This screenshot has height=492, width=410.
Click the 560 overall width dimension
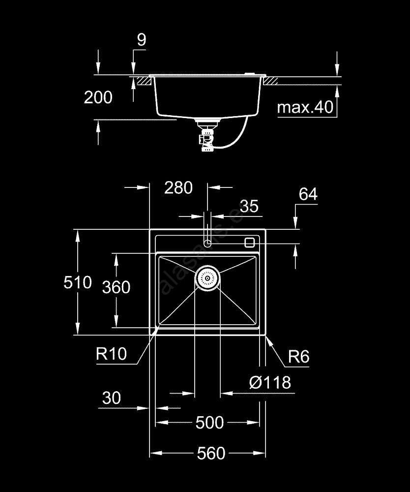[x=211, y=453]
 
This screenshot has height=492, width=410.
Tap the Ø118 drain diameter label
[x=269, y=382]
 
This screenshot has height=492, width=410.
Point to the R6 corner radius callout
[x=298, y=357]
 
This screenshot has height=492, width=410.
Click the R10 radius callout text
[x=112, y=353]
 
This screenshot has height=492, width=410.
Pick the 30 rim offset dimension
[x=112, y=398]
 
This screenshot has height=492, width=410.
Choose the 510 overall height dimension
[x=78, y=282]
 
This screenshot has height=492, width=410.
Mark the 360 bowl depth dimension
[x=116, y=287]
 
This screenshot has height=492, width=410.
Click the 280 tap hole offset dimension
[x=178, y=187]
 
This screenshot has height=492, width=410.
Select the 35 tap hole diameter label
[x=249, y=206]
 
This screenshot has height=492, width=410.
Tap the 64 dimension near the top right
[x=308, y=195]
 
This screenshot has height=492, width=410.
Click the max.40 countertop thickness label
[x=305, y=107]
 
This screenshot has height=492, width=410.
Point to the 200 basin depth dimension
[x=98, y=97]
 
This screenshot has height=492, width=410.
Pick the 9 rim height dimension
[x=142, y=40]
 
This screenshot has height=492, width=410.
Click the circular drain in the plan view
[x=207, y=278]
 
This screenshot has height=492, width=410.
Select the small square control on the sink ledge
[x=249, y=242]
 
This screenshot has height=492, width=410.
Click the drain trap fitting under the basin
[x=207, y=138]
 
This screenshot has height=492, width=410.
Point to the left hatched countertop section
[x=144, y=80]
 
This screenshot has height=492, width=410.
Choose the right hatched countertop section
[x=271, y=80]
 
